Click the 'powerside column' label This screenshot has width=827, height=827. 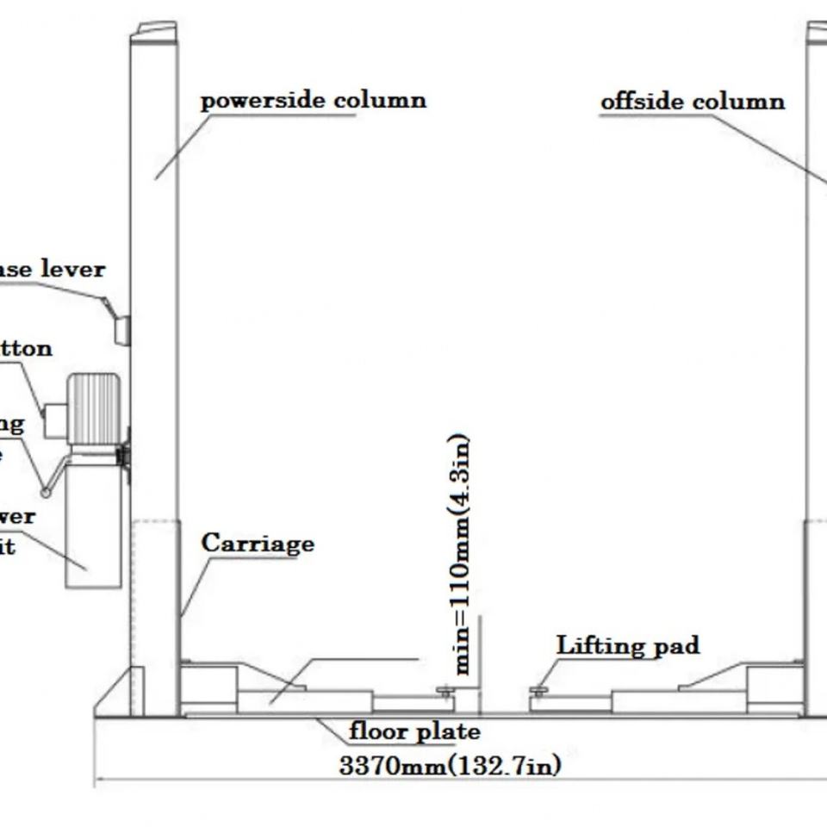(x=313, y=101)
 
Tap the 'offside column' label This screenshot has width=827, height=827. (x=693, y=102)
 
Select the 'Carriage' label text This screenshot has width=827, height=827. (x=258, y=544)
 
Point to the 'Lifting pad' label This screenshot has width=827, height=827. (x=627, y=645)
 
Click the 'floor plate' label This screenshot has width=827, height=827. (x=413, y=732)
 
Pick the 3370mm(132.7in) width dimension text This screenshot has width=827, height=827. (x=450, y=766)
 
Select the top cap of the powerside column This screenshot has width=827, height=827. (x=154, y=31)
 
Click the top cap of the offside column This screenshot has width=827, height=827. (x=818, y=32)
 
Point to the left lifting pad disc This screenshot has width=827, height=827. (x=445, y=690)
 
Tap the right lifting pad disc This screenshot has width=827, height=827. (x=538, y=690)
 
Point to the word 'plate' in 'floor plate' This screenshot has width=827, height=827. (x=448, y=732)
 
